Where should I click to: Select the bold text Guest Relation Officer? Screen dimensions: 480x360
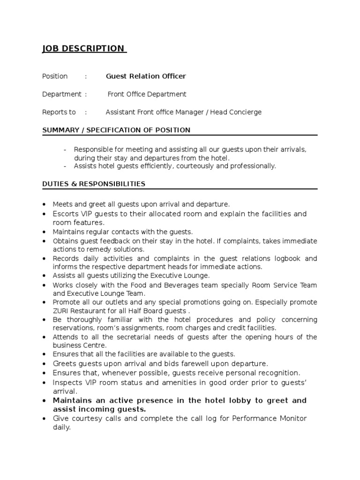tap(146, 76)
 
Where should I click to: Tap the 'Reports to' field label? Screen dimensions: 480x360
tap(59, 112)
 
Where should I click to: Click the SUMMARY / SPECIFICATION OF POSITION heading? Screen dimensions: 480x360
tap(116, 130)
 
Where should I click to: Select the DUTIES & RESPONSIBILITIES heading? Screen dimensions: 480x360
tap(94, 184)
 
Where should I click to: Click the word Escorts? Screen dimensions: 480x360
tap(66, 214)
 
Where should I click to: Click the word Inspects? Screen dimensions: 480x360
tap(67, 382)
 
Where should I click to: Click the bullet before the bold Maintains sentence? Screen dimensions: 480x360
tap(44, 401)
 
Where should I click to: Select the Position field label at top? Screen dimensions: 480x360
tap(55, 76)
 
